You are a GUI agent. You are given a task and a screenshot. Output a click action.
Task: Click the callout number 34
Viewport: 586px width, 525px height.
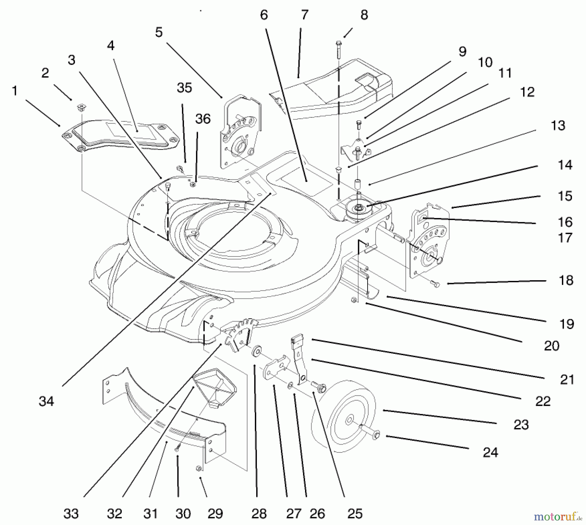[46, 401]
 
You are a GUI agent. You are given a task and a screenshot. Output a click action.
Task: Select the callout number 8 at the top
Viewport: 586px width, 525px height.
[364, 15]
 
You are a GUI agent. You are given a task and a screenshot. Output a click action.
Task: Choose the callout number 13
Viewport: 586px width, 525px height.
[558, 126]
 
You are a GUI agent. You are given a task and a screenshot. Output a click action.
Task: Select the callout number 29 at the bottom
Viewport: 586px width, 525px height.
[215, 514]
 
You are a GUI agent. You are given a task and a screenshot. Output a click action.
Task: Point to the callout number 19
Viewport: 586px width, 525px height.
[567, 324]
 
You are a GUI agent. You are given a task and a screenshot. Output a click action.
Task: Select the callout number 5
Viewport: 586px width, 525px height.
[159, 32]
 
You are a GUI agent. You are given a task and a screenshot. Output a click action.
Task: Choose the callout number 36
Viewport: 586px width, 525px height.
[203, 119]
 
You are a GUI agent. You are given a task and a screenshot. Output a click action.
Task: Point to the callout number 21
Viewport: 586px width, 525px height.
[567, 380]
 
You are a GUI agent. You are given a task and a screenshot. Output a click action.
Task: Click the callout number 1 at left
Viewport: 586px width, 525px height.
[14, 91]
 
